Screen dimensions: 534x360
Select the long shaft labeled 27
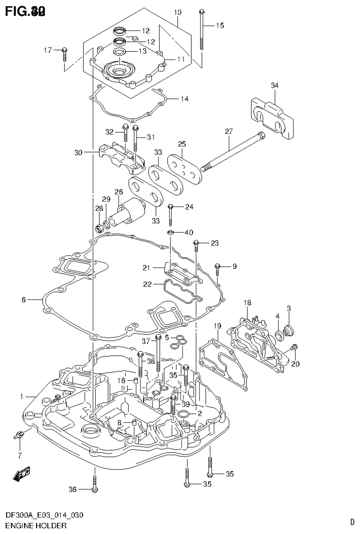coord(232,152)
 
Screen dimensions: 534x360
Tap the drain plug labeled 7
coord(19,435)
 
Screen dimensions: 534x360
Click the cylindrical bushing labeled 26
coord(129,209)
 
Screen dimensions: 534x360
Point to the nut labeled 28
coord(99,229)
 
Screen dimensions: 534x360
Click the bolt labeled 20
coord(293,348)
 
